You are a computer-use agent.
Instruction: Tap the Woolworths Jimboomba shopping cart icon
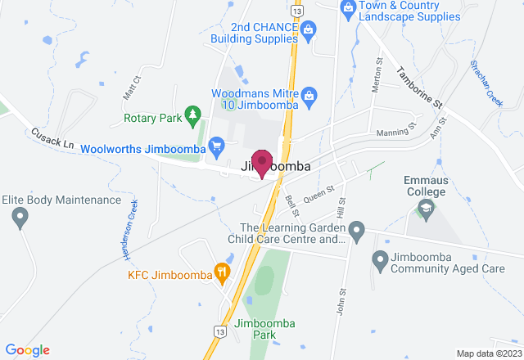[x=216, y=147]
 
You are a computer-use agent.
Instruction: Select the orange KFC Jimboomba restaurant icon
[x=221, y=272]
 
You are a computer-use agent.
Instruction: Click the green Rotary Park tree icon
[x=192, y=115]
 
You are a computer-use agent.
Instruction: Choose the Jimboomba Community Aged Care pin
[x=379, y=262]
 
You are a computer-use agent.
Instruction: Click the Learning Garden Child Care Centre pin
[x=355, y=228]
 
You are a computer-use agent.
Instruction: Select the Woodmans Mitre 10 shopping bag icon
[x=309, y=94]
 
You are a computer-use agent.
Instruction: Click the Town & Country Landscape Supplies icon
[x=348, y=8]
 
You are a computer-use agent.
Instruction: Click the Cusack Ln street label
[x=52, y=137]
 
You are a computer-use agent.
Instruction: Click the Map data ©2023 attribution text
[x=487, y=353]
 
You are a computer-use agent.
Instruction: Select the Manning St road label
[x=396, y=130]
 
